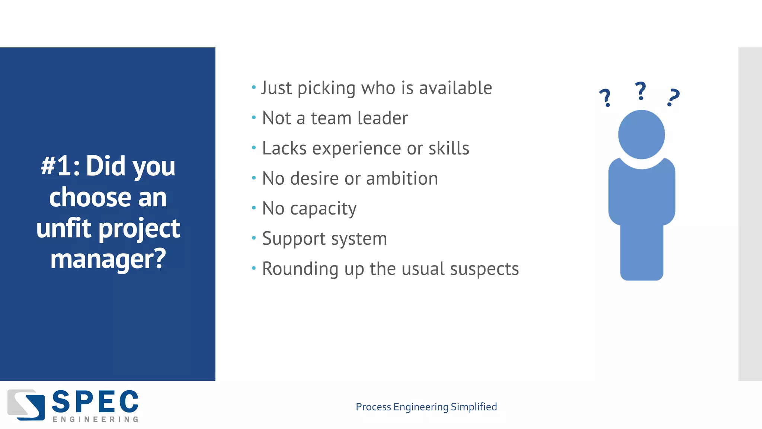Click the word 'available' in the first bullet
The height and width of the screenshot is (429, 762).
click(x=455, y=88)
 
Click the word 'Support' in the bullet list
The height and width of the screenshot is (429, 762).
click(x=294, y=239)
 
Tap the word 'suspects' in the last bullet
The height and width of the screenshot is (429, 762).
click(x=485, y=269)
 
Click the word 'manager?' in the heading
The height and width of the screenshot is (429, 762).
click(x=108, y=259)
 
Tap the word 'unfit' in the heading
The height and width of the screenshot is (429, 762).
click(x=64, y=228)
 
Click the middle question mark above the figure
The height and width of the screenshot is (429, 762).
click(x=640, y=91)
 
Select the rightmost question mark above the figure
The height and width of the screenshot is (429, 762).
click(x=673, y=98)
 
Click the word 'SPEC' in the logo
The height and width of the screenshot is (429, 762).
click(x=95, y=402)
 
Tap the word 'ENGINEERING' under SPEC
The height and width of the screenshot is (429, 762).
click(x=95, y=420)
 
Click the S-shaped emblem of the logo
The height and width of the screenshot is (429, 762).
click(x=26, y=405)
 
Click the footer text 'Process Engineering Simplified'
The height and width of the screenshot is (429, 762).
click(x=426, y=407)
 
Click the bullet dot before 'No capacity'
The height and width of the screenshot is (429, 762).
click(x=254, y=208)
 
